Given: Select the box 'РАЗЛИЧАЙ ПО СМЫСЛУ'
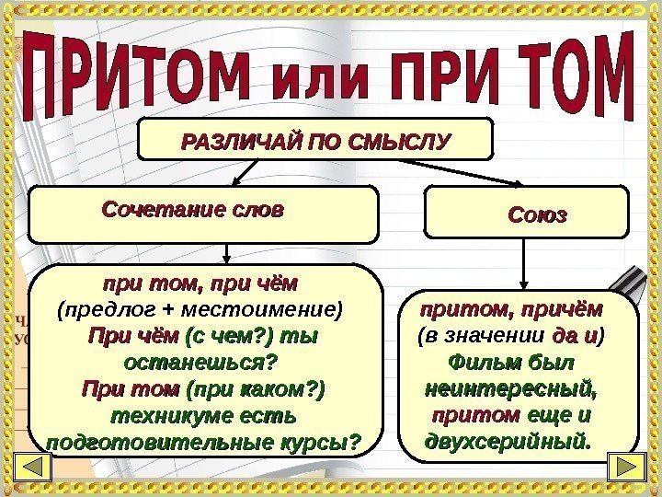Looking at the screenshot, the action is [315, 142].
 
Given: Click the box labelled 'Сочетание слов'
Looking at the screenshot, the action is [203, 211].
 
